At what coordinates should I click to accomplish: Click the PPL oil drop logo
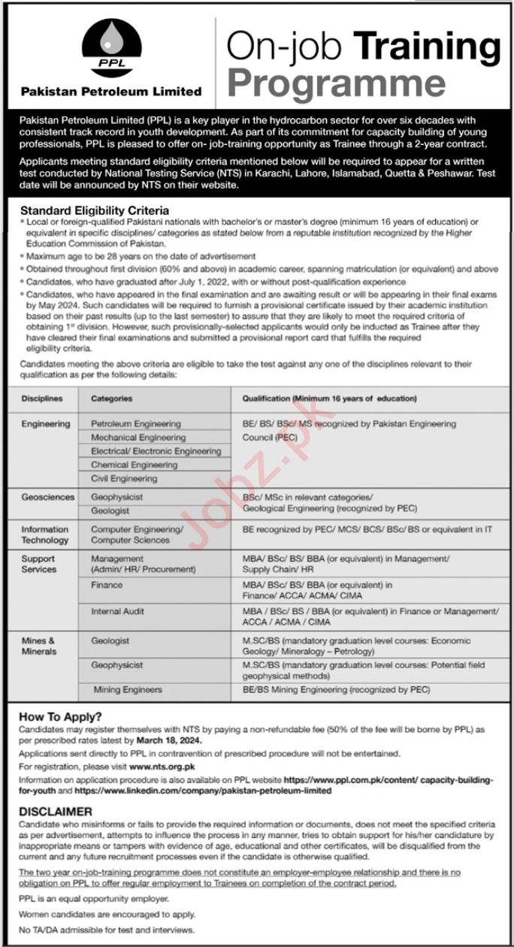click(112, 48)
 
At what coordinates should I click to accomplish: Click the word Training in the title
click(428, 47)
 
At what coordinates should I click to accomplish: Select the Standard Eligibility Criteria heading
click(95, 211)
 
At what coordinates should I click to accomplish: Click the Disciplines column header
click(42, 399)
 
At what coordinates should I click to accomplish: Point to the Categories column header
click(111, 399)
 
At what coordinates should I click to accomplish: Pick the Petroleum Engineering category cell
click(135, 424)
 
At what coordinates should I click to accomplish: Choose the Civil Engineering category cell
click(124, 478)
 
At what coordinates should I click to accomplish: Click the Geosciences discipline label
click(48, 498)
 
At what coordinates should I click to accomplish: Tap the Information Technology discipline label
click(45, 534)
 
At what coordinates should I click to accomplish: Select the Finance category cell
click(107, 585)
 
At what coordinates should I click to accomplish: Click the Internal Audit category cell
click(117, 612)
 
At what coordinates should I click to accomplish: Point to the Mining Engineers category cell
click(127, 689)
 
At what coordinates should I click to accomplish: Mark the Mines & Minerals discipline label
click(39, 646)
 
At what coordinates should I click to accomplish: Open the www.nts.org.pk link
click(162, 767)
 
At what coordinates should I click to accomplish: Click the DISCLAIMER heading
click(56, 812)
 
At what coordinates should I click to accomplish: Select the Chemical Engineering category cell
click(134, 464)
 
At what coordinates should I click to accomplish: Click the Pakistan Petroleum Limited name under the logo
click(111, 92)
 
